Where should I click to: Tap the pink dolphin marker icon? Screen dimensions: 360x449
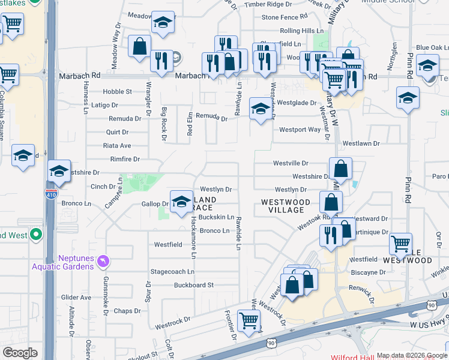[104, 261]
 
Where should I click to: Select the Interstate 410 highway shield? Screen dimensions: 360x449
[50, 194]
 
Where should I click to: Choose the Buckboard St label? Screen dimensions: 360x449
[194, 285]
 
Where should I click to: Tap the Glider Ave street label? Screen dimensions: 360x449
[76, 298]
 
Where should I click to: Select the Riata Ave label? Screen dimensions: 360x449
[117, 146]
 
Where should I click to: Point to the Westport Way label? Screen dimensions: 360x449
[300, 130]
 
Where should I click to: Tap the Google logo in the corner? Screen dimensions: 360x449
[20, 353]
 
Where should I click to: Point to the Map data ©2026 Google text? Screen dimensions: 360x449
[412, 355]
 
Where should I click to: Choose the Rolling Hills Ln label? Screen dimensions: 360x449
[301, 31]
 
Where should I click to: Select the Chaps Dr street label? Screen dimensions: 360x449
[127, 311]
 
